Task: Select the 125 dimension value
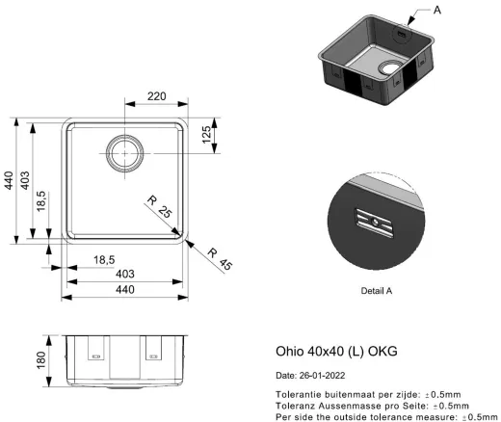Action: click(x=206, y=137)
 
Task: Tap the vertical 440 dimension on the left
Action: click(x=11, y=180)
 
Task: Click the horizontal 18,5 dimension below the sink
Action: click(x=107, y=260)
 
